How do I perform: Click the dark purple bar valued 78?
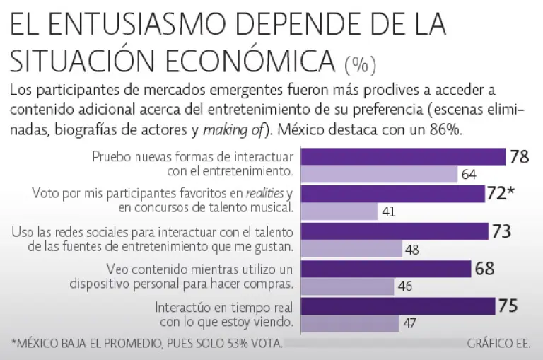coord(403,156)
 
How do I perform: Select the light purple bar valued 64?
coord(379,174)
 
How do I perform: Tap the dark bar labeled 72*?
coord(393,194)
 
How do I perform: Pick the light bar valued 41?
coord(339,211)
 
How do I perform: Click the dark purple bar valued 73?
coord(395,231)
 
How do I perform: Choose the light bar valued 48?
coord(351,249)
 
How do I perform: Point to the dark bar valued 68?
coord(386,269)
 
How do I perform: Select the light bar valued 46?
coord(347,286)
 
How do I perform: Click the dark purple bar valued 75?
coord(397,306)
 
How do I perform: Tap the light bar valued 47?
coord(349,324)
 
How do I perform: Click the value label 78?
coord(520,157)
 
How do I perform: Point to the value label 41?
coord(387,211)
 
